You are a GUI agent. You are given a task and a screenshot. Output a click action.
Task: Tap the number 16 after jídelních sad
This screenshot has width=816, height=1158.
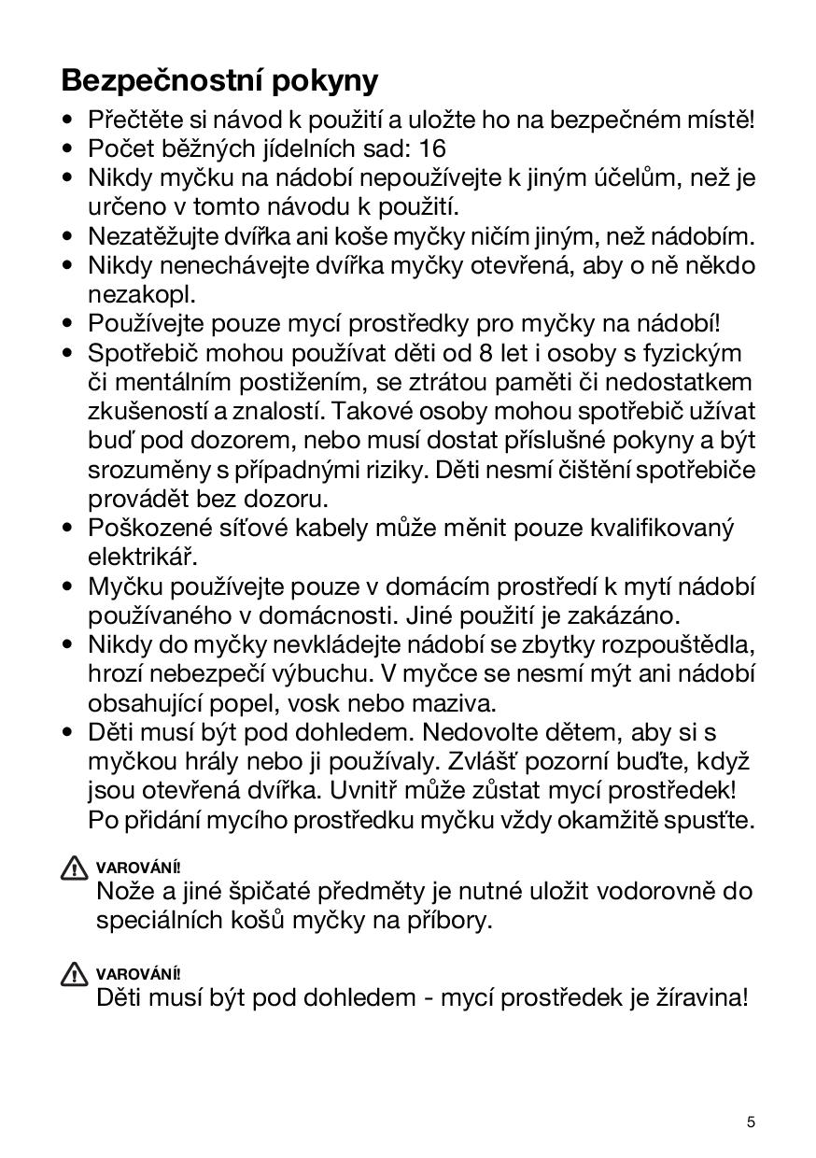point(433,148)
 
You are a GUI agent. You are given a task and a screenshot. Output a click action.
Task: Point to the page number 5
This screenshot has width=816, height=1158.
point(751,1122)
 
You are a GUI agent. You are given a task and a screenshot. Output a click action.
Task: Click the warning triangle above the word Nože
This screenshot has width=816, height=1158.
point(74,868)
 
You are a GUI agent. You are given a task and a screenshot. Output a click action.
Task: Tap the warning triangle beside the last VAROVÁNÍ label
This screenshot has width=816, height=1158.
point(74,975)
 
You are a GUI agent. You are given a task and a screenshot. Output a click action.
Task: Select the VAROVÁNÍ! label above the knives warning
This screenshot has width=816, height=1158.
point(138,868)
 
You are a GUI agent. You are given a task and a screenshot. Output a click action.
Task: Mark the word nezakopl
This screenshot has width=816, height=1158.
point(142,295)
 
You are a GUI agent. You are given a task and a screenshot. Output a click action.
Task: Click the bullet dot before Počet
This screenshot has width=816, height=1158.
point(67,148)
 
